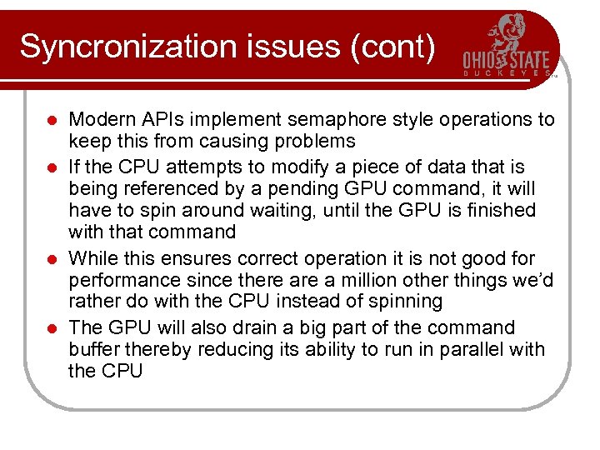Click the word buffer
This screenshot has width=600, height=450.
93,349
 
